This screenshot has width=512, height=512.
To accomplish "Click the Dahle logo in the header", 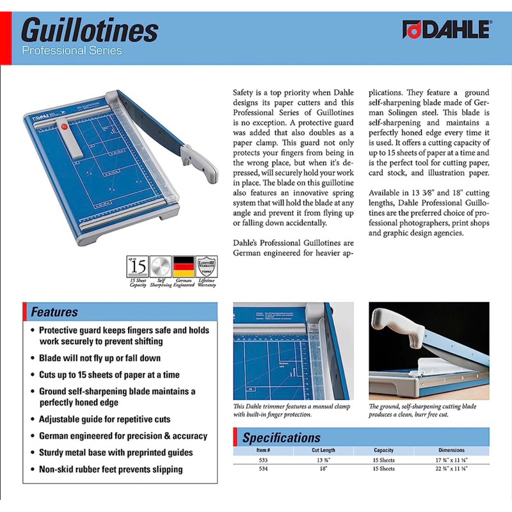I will [x=445, y=29].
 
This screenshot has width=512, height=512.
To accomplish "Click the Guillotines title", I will [x=90, y=29].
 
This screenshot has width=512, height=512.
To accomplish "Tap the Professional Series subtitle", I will [x=71, y=50].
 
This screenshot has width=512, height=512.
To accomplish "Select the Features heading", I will [x=55, y=312].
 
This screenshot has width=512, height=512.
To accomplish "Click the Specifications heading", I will [x=282, y=438].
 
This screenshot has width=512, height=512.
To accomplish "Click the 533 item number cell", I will [x=263, y=460].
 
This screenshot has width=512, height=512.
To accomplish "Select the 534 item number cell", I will [x=263, y=468].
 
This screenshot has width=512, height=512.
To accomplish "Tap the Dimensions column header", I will [x=452, y=450].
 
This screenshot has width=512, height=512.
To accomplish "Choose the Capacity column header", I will [x=383, y=450].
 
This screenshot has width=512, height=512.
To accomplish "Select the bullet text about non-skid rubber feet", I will [x=111, y=469].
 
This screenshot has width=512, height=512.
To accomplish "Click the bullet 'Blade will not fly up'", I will [x=100, y=358].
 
